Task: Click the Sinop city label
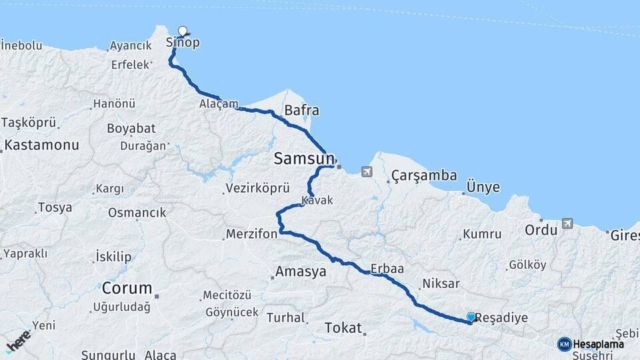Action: tap(183, 43)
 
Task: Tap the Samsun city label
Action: tap(303, 159)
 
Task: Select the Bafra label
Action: tap(301, 111)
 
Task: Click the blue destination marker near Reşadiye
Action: tap(471, 317)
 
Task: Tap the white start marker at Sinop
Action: tap(183, 31)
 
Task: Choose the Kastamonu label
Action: tap(41, 145)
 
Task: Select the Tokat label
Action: tap(342, 327)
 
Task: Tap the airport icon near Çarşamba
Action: tap(366, 173)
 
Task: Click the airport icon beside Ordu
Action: tap(567, 223)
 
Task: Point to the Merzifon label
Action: tap(251, 235)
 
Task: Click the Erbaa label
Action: tap(388, 269)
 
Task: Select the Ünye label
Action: tap(483, 187)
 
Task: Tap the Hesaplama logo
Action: tap(592, 344)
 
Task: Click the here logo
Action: tap(18, 341)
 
